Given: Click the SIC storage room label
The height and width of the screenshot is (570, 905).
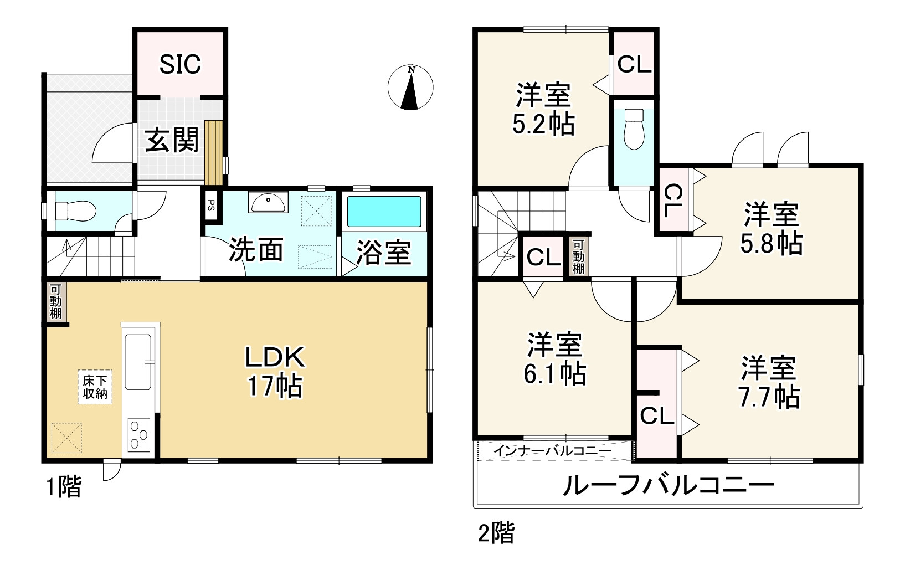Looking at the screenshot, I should tap(180, 64).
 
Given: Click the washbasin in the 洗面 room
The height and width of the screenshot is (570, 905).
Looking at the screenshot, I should tap(268, 202).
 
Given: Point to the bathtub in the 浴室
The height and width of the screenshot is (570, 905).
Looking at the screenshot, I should tap(383, 212).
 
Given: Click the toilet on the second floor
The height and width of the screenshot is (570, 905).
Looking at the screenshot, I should tap(633, 130).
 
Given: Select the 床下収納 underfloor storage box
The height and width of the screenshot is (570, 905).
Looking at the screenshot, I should tap(95, 387).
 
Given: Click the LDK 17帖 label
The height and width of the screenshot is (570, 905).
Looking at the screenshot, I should tap(275, 371).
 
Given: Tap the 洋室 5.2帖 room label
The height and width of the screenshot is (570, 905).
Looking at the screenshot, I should tap(543, 109).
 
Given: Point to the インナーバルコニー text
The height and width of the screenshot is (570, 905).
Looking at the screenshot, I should tap(552, 451).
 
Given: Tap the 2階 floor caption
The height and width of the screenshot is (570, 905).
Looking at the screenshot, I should tap(496, 533).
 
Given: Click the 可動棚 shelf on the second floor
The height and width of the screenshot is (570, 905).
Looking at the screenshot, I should tap(578, 256).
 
